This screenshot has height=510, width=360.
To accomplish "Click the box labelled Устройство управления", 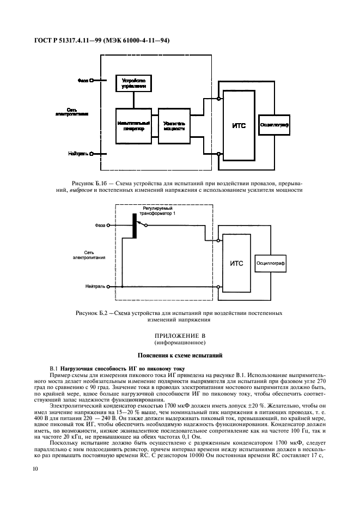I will click(x=133, y=83).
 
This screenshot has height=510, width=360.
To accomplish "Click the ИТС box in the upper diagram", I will click(x=239, y=125).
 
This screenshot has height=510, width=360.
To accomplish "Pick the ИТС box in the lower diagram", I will click(x=236, y=263).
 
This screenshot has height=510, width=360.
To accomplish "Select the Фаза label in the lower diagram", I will click(x=100, y=224).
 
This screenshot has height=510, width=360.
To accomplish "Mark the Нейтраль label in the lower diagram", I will click(x=95, y=286).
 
